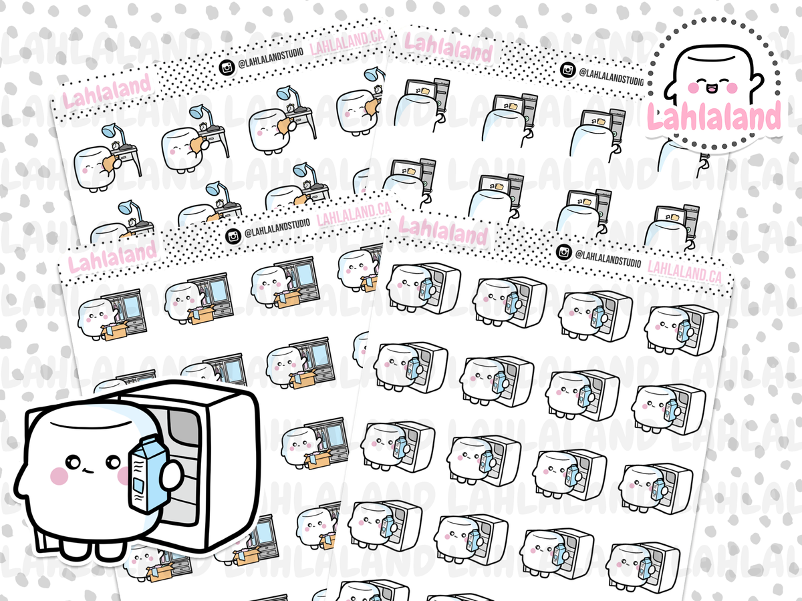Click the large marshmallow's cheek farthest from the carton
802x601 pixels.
click(59, 476)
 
